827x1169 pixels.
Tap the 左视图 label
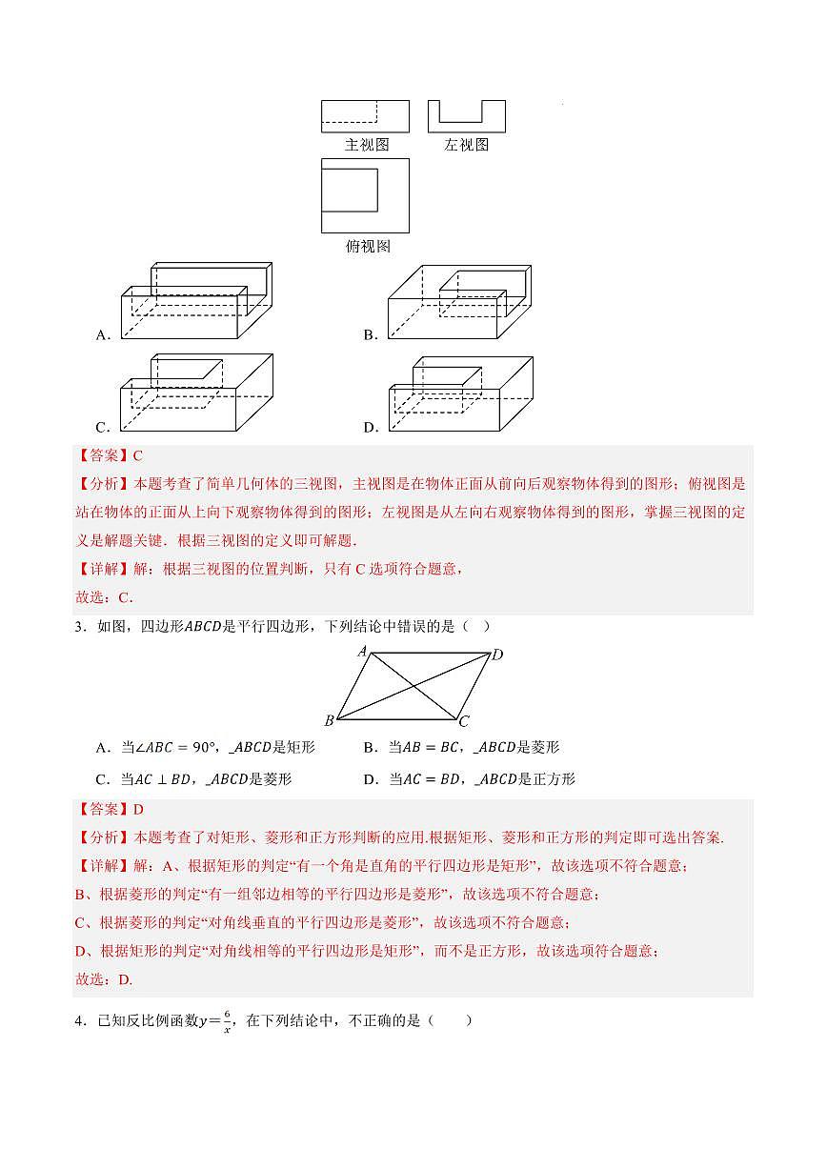(466, 145)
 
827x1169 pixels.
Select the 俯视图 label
(367, 246)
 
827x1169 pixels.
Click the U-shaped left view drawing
(466, 116)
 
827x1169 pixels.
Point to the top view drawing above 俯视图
(365, 195)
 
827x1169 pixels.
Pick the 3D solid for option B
(459, 302)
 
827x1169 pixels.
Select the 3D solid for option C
(196, 393)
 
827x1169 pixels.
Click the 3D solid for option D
(461, 393)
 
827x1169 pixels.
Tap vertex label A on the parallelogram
(362, 651)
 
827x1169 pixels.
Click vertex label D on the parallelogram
(496, 655)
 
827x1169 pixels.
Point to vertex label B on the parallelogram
(329, 720)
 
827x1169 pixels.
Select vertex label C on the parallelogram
(464, 721)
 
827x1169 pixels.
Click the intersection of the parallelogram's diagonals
(413, 685)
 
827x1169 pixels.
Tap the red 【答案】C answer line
(109, 456)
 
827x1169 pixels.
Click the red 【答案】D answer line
(109, 810)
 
